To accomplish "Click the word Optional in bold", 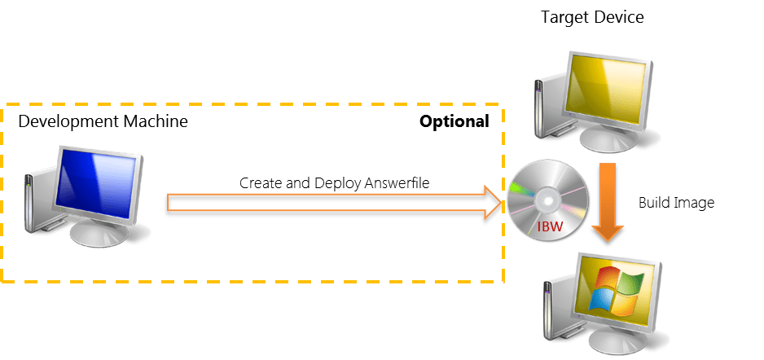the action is tap(454, 121).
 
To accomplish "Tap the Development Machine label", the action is tap(103, 121).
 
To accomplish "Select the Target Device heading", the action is tap(592, 18).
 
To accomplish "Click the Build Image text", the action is tap(676, 203).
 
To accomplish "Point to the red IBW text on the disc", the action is tap(551, 226).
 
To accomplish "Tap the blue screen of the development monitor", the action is tap(95, 182).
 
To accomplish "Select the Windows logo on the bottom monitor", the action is tap(617, 290).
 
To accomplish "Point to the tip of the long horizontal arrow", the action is tap(502, 202).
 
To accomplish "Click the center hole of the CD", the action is tap(546, 201).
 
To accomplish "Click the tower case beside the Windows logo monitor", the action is tap(550, 312).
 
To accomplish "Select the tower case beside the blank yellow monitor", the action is tap(540, 109).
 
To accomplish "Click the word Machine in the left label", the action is tap(156, 121).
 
